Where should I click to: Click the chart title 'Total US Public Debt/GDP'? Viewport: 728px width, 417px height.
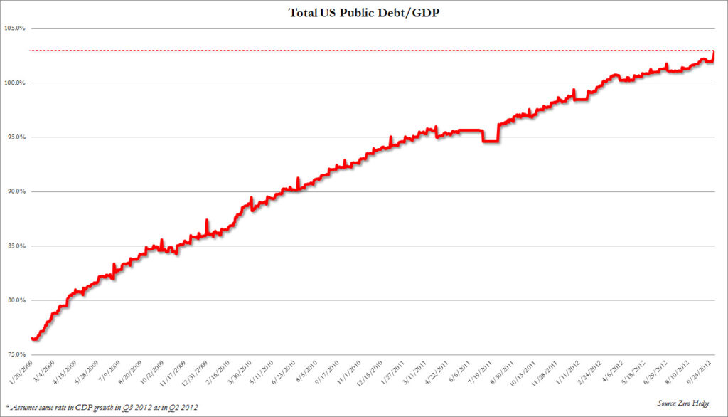point(364,12)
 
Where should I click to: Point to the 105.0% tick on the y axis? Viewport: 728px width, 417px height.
point(15,28)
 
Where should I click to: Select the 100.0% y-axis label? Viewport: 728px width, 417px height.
point(15,83)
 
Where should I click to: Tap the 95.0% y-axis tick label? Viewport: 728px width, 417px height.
point(16,137)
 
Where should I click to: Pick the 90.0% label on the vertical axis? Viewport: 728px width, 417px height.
point(16,191)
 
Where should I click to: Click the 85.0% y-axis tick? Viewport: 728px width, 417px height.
point(16,246)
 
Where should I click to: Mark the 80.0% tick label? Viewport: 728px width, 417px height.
point(16,300)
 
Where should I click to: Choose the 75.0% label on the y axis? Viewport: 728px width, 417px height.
point(16,354)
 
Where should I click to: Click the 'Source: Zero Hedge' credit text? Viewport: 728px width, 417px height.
point(694,403)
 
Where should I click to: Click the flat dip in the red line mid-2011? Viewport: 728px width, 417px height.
point(489,142)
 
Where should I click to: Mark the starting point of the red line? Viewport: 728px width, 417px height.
point(32,339)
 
